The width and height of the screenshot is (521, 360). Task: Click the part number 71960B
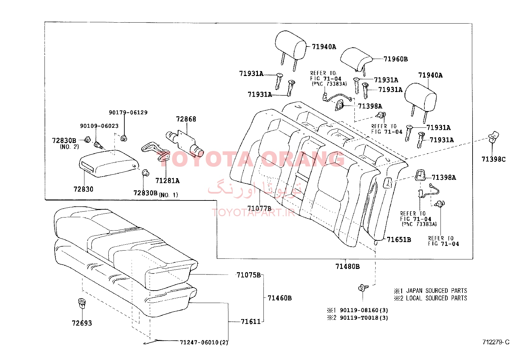click(x=396, y=59)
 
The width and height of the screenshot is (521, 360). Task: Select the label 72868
click(x=186, y=119)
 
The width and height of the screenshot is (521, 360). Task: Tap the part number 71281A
click(x=168, y=181)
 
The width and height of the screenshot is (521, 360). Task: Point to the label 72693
click(x=82, y=323)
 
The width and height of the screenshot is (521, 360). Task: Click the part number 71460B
click(x=279, y=298)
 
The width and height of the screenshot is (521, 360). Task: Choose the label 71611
click(x=251, y=322)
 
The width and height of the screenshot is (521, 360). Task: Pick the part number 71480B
click(x=348, y=266)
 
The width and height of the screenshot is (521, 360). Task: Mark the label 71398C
click(x=494, y=159)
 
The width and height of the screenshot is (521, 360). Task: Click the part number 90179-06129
click(x=128, y=112)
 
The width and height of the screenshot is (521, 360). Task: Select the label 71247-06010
click(x=199, y=342)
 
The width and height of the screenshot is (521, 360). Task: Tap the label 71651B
click(x=399, y=239)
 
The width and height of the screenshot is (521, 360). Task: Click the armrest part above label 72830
click(x=109, y=163)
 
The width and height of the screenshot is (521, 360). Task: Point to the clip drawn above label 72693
click(x=81, y=303)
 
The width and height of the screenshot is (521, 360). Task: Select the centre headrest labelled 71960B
click(x=356, y=60)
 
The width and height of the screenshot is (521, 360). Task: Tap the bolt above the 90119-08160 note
click(x=363, y=288)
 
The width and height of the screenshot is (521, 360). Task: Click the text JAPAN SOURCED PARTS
click(x=437, y=291)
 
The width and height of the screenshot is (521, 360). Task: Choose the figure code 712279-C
click(x=496, y=342)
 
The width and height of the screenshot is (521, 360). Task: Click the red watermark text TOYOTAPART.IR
click(x=253, y=212)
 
